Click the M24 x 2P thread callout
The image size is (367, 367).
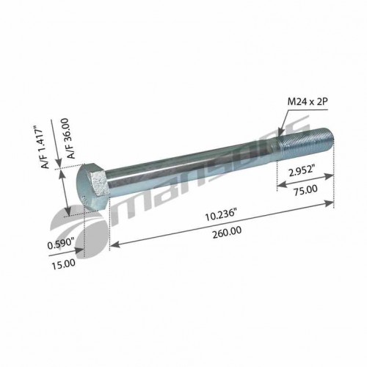coord(308,101)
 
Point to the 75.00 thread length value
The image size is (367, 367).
coord(305,190)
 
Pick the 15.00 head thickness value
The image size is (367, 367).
coord(63,264)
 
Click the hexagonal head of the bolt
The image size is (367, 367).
coord(92,186)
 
